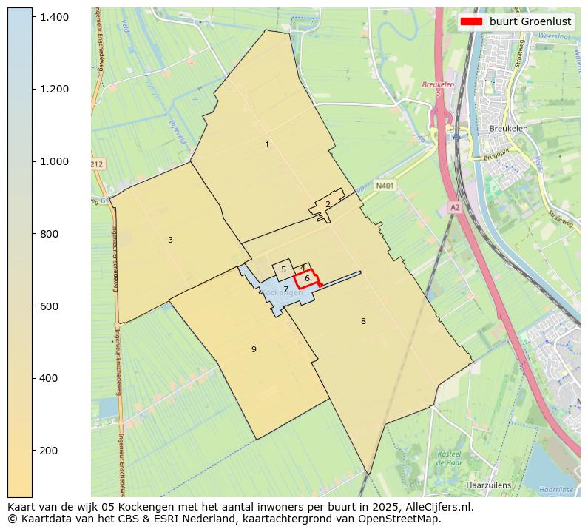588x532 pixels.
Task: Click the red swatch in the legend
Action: coord(471,21)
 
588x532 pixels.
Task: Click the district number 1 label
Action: coord(267,145)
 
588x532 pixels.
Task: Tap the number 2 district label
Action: coord(328,205)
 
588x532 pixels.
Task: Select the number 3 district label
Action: coord(170,240)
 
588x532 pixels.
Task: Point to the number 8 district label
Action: coord(363,321)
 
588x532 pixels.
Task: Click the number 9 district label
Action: coord(254,349)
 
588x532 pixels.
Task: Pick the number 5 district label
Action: coord(283,270)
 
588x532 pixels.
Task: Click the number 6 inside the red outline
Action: coord(307,278)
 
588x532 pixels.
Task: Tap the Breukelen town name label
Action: coord(508,128)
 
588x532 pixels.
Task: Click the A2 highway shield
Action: coord(455,208)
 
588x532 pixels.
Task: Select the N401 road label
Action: coord(385,186)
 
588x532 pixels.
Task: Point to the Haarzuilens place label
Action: coord(488,485)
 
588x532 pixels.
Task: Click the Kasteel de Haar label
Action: coord(449,458)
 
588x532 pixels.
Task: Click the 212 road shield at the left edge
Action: coord(97,164)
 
